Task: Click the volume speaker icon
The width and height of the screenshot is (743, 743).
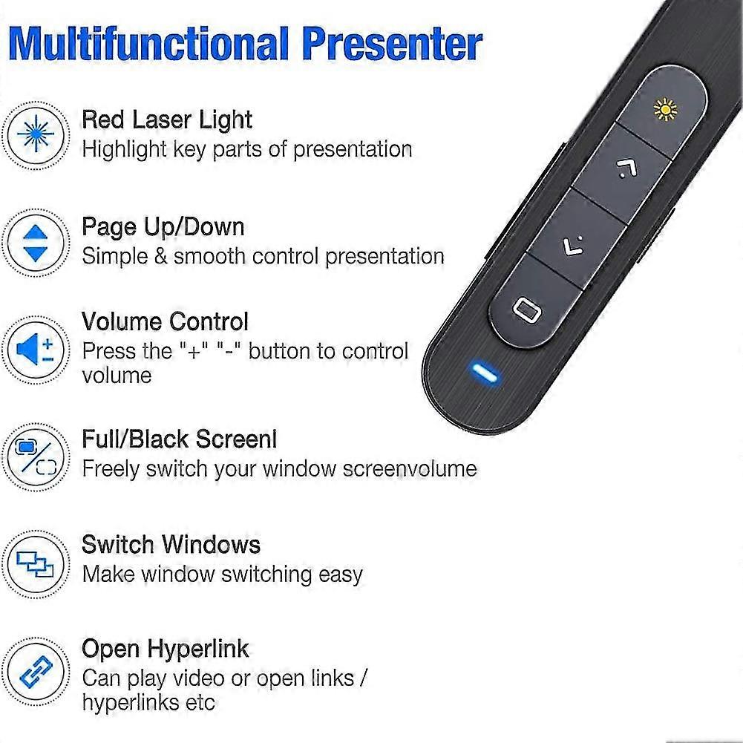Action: (35, 349)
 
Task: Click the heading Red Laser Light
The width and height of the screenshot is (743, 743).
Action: (167, 120)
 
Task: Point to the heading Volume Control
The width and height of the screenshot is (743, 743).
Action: (165, 321)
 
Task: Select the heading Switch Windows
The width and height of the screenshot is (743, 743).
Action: (171, 544)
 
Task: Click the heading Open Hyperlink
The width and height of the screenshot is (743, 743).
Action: (165, 649)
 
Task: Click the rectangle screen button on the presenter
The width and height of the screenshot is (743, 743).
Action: (526, 310)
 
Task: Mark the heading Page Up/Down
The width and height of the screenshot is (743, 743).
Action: (163, 226)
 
